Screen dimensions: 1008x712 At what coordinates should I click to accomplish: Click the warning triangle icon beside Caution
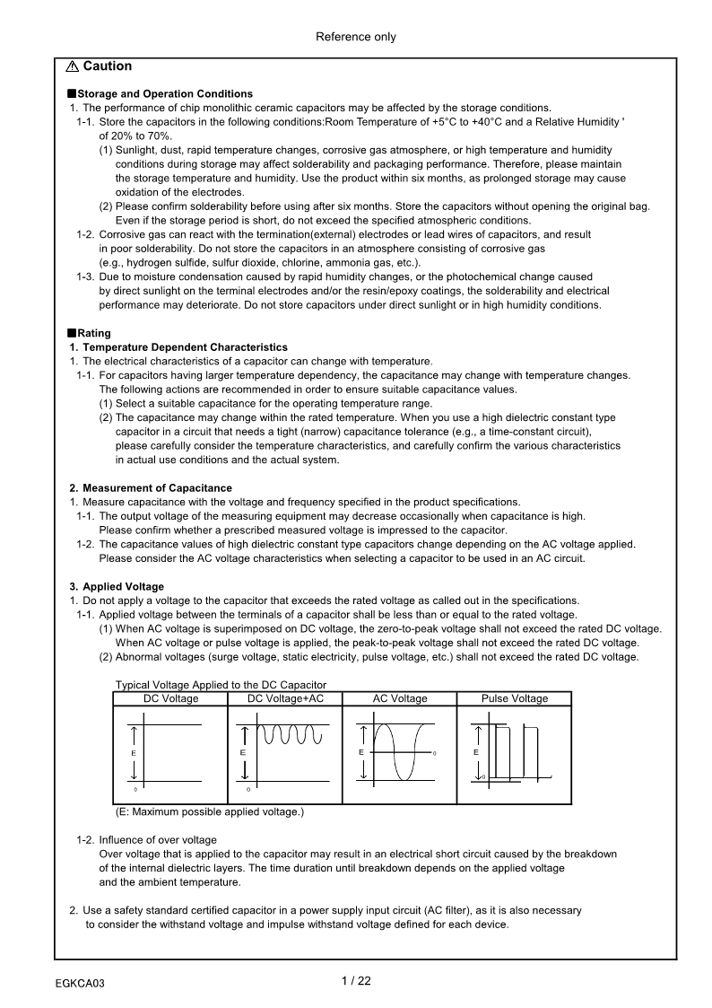tap(73, 66)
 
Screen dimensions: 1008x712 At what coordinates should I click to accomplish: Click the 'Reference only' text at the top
tap(356, 37)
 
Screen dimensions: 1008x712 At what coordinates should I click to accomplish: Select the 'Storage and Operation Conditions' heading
tap(165, 93)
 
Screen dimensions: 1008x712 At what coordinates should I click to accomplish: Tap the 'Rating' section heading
tap(94, 333)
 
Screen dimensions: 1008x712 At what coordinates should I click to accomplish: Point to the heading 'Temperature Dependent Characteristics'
tap(185, 346)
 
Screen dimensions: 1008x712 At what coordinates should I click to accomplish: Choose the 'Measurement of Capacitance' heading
tap(157, 487)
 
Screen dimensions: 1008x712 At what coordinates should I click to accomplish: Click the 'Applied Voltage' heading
tap(123, 587)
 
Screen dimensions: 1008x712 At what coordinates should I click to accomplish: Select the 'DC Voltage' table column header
tap(170, 698)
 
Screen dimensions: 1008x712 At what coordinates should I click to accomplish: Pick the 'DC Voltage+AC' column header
tap(285, 698)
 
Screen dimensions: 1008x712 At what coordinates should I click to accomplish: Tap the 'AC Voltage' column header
tap(400, 698)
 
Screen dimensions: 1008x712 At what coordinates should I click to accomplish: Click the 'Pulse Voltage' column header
tap(514, 698)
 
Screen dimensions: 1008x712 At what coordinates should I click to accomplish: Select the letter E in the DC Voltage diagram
tap(134, 751)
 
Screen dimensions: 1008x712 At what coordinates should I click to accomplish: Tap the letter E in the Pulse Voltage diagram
tap(476, 751)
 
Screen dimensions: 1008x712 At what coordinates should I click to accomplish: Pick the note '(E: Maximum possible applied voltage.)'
tap(210, 811)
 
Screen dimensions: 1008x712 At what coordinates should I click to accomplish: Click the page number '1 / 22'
tap(356, 981)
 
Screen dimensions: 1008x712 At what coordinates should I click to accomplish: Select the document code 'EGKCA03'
tap(80, 984)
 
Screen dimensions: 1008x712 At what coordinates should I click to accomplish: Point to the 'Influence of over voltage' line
tap(157, 840)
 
